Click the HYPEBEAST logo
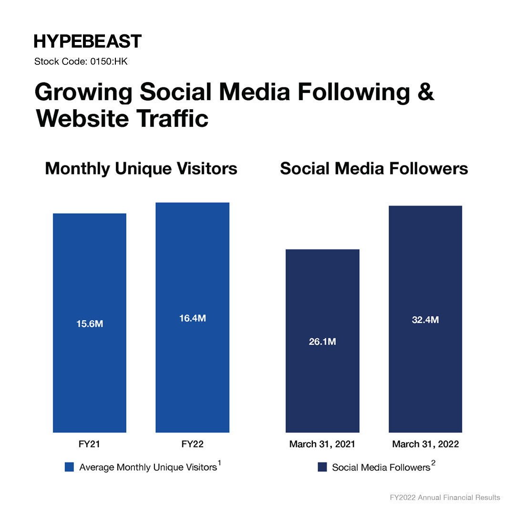click(x=88, y=41)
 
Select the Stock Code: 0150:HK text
click(x=81, y=62)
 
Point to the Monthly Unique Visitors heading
click(x=141, y=169)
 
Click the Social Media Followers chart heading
click(x=374, y=169)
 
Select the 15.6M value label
click(x=90, y=324)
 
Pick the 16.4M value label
click(x=192, y=318)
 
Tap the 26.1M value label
click(x=322, y=342)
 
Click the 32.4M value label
click(x=425, y=320)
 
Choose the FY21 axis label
click(x=90, y=444)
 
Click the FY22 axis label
click(x=192, y=444)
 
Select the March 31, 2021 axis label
click(x=322, y=444)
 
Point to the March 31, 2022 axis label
click(x=425, y=444)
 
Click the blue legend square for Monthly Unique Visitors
click(x=69, y=467)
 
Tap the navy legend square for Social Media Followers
click(x=322, y=467)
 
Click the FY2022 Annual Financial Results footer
click(x=444, y=497)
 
